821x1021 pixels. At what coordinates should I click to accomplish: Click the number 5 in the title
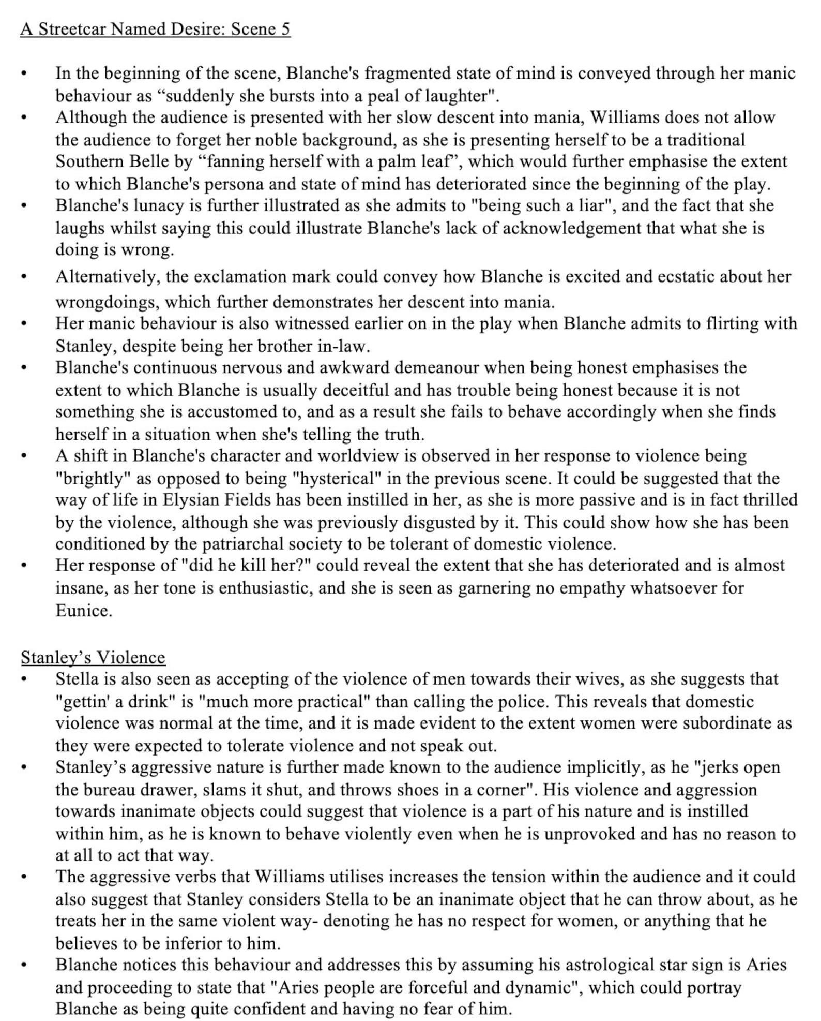(285, 29)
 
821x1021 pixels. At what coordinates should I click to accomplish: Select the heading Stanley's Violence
(93, 657)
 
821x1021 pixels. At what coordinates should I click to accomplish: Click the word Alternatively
(108, 276)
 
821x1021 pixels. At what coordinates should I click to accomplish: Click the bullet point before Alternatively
(24, 277)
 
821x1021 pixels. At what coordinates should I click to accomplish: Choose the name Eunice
(83, 610)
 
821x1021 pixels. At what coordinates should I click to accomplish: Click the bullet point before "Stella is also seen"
(24, 679)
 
